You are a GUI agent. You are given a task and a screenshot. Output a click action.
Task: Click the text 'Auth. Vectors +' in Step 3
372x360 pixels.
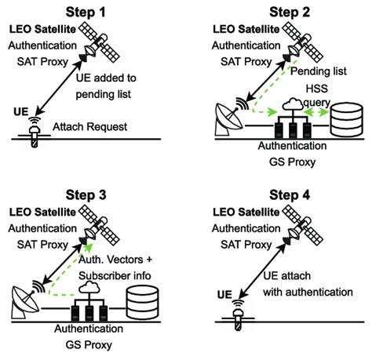119,262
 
